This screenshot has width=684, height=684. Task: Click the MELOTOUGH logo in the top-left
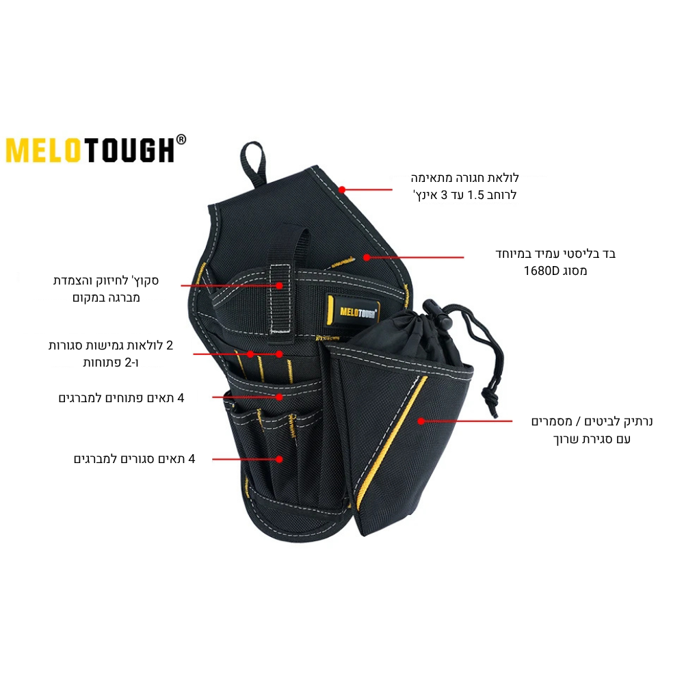[x=96, y=150]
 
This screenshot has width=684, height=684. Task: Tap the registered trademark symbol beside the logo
[x=181, y=140]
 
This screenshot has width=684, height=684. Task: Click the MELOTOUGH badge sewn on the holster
[x=353, y=311]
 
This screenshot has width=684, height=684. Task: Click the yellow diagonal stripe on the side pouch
[x=391, y=441]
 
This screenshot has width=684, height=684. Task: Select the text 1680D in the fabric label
[x=541, y=271]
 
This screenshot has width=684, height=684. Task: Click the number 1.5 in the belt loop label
[x=476, y=195]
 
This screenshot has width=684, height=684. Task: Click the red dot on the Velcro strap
[x=279, y=286]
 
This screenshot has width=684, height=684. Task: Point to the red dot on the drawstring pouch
[x=421, y=421]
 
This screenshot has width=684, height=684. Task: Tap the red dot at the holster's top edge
[x=343, y=189]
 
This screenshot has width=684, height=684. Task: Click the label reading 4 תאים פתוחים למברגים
[x=121, y=398]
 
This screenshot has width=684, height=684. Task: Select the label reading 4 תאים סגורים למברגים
[x=134, y=459]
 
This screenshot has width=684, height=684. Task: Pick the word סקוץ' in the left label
[x=144, y=280]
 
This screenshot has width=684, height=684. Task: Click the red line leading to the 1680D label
[x=415, y=257]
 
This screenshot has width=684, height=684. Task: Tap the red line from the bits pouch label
[x=466, y=421]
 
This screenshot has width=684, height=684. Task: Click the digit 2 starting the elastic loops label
[x=170, y=345]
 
